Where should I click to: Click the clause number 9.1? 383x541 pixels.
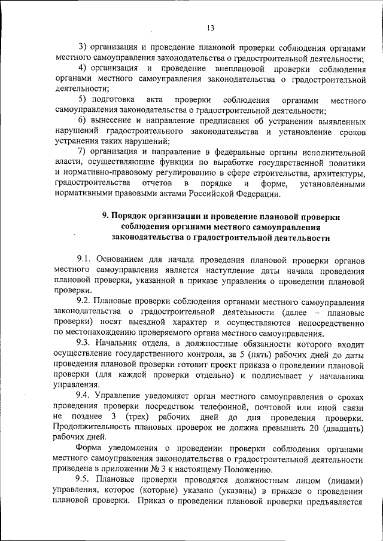point(85,259)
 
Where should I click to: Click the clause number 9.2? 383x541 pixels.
point(85,302)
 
